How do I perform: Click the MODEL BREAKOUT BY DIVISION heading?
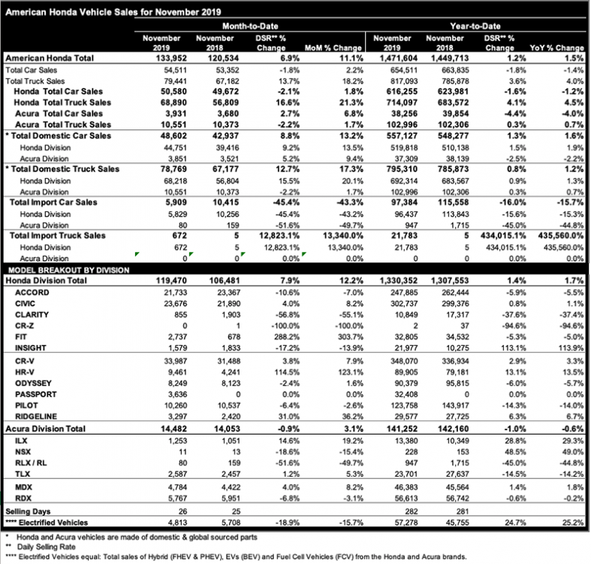coord(68,268)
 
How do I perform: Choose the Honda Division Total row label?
coord(52,279)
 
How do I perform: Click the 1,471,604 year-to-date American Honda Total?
coord(390,57)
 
